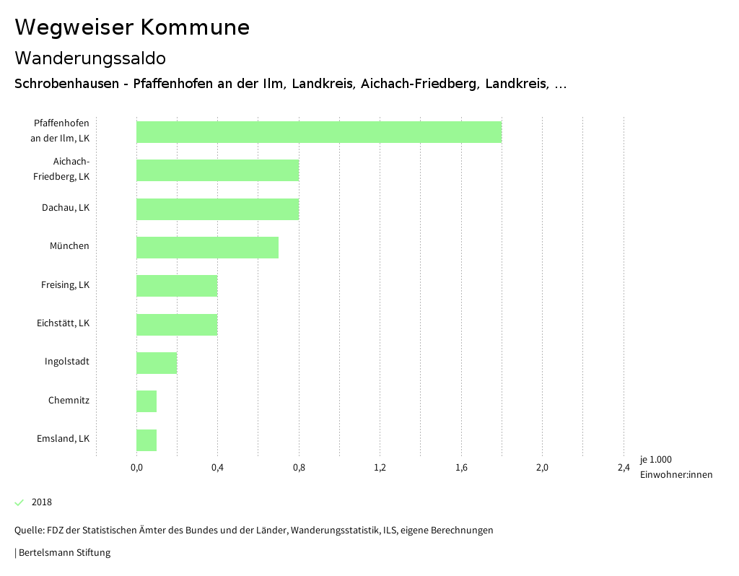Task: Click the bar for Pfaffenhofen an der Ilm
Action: coord(318,132)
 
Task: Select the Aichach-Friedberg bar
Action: coord(217,170)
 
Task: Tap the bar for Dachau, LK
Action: coord(217,209)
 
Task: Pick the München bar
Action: coord(207,248)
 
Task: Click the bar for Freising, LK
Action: coord(177,286)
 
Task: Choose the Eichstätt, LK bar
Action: coord(177,325)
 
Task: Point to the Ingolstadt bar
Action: coord(157,363)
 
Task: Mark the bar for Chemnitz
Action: coord(147,401)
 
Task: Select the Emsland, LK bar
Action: coord(147,440)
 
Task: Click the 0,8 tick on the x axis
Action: coord(299,467)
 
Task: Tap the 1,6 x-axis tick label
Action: coord(461,467)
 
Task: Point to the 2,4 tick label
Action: coord(624,467)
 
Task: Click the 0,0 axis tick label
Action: coord(136,467)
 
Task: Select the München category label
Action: coord(69,246)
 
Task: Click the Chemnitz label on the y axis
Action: coord(69,401)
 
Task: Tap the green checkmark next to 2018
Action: coord(19,502)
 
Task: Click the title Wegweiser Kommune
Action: coord(132,27)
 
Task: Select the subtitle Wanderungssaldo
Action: coord(90,58)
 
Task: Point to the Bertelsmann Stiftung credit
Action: coord(63,553)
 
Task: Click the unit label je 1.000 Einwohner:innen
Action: coord(675,467)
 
